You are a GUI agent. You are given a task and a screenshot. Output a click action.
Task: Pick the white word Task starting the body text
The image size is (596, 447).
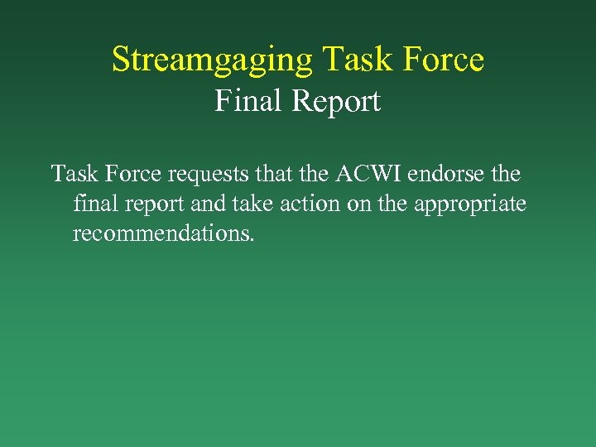pyautogui.click(x=75, y=175)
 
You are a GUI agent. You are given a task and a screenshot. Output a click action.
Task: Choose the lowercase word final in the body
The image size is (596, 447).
pyautogui.click(x=94, y=204)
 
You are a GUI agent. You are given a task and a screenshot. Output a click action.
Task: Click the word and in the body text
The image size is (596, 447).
pyautogui.click(x=207, y=204)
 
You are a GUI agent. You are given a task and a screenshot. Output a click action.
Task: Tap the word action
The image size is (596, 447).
pyautogui.click(x=313, y=204)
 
